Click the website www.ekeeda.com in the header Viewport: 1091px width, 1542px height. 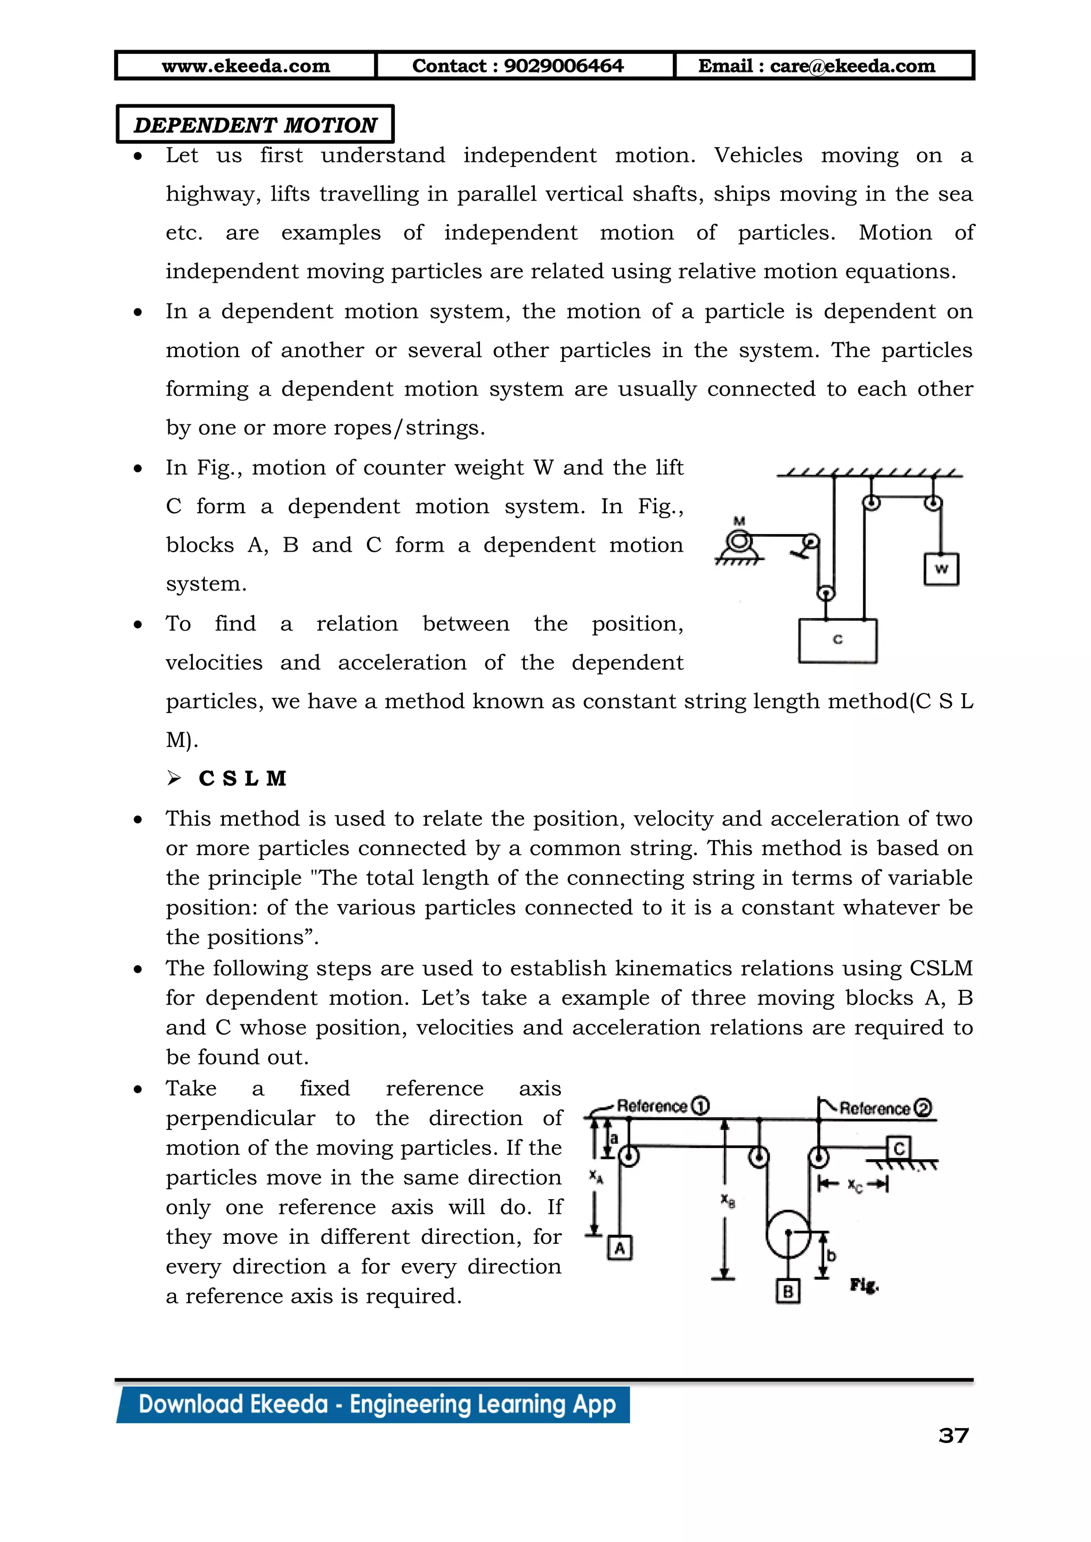pyautogui.click(x=246, y=66)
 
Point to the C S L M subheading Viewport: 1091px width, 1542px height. pyautogui.click(x=242, y=778)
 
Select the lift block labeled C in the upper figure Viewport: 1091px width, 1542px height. pyautogui.click(x=837, y=641)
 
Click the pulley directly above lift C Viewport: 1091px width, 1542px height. pyautogui.click(x=826, y=594)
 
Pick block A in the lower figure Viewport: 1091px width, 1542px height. pyautogui.click(x=620, y=1249)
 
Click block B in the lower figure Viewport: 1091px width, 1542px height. pyautogui.click(x=787, y=1291)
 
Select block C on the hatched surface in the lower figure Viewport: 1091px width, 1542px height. pyautogui.click(x=899, y=1149)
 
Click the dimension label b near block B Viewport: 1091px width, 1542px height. pyautogui.click(x=831, y=1255)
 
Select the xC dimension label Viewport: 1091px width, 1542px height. pyautogui.click(x=854, y=1185)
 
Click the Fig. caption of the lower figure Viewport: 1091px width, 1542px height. pyautogui.click(x=864, y=1285)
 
